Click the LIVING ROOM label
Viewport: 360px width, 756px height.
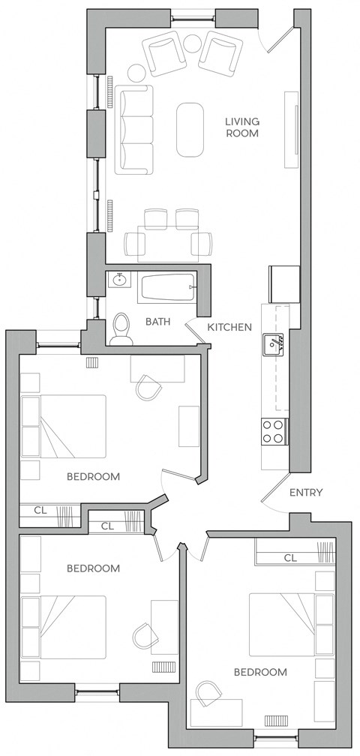point(242,127)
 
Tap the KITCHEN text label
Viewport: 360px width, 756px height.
point(229,327)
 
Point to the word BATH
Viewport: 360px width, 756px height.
point(157,322)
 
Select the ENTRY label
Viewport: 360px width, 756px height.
point(306,493)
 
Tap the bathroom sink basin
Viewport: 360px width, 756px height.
point(118,281)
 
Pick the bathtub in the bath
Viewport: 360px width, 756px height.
point(166,286)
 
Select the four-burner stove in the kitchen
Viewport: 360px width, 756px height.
point(274,431)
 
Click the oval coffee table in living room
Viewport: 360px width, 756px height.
point(190,128)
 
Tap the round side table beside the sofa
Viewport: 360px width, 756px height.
point(137,73)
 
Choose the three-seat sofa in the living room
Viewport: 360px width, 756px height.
point(134,128)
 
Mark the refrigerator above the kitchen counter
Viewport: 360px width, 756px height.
point(284,283)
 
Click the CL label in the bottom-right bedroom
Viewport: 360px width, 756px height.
point(291,558)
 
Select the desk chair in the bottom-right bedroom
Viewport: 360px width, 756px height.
point(208,691)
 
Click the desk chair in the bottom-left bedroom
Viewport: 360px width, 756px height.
point(144,637)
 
